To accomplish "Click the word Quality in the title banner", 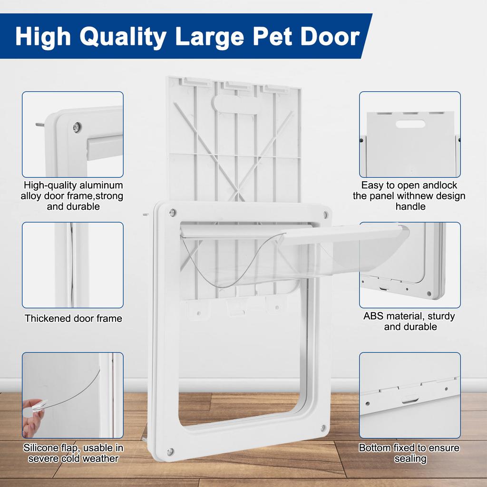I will pyautogui.click(x=124, y=37).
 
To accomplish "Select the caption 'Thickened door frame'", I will pyautogui.click(x=73, y=319).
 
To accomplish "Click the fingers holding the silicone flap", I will pyautogui.click(x=32, y=413).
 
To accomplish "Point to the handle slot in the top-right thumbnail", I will pyautogui.click(x=409, y=124).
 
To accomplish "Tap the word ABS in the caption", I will pyautogui.click(x=373, y=316).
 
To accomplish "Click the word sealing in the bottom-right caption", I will pyautogui.click(x=410, y=458).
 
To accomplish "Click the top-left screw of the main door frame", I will pyautogui.click(x=173, y=212).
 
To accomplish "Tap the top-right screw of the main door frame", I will pyautogui.click(x=325, y=214).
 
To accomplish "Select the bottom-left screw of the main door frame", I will pyautogui.click(x=170, y=451).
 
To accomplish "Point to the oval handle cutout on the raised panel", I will pyautogui.click(x=236, y=103).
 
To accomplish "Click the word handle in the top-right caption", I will pyautogui.click(x=410, y=206).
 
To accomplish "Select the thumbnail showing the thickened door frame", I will pyautogui.click(x=73, y=264).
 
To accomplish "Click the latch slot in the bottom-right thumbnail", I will pyautogui.click(x=409, y=399).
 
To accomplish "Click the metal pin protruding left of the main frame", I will pyautogui.click(x=143, y=215).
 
